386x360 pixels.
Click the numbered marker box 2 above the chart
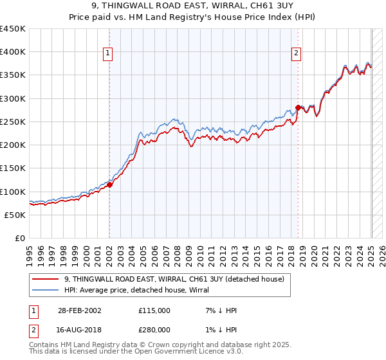point(297,53)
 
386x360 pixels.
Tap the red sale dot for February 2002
point(109,184)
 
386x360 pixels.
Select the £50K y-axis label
point(15,215)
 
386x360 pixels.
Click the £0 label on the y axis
point(21,238)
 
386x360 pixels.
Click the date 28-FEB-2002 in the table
point(78,310)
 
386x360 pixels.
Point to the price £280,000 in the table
point(154,330)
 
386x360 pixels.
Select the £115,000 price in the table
point(154,310)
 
